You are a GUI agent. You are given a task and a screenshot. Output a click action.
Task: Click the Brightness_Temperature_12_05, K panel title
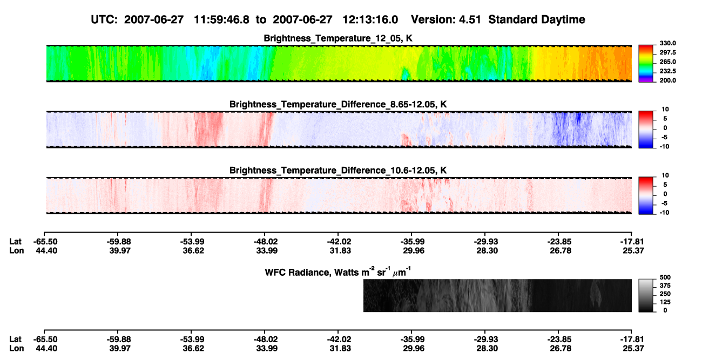coord(338,38)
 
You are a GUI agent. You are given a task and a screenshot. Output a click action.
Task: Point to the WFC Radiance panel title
coord(338,271)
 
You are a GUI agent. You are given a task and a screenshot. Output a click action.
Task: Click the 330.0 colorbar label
coord(667,43)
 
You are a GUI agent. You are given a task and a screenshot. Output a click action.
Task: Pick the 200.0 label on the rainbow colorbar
coord(667,80)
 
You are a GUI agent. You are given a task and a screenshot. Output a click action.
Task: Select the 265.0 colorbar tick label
coord(667,62)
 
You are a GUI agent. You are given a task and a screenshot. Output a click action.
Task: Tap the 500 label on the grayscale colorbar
coord(665,277)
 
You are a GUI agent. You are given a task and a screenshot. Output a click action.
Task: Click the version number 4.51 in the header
coord(470,19)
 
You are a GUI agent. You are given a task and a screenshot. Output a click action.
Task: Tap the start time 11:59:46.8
coord(221,19)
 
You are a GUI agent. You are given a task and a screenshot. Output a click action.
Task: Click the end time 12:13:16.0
coord(370,19)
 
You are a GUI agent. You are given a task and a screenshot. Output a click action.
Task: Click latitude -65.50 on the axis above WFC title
coord(45,242)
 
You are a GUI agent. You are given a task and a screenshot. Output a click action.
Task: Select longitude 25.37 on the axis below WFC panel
coord(633,348)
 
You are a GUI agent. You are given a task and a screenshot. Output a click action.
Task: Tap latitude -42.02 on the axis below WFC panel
coord(339,339)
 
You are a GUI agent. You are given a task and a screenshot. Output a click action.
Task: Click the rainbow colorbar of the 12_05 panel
coord(646,64)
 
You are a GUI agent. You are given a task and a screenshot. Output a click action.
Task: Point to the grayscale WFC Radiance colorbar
coord(646,295)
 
